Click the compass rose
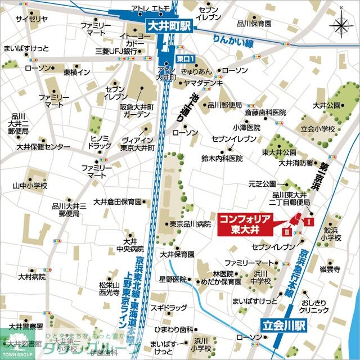pyautogui.click(x=341, y=25)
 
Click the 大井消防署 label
pyautogui.click(x=296, y=163)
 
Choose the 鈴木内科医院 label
pyautogui.click(x=222, y=159)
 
